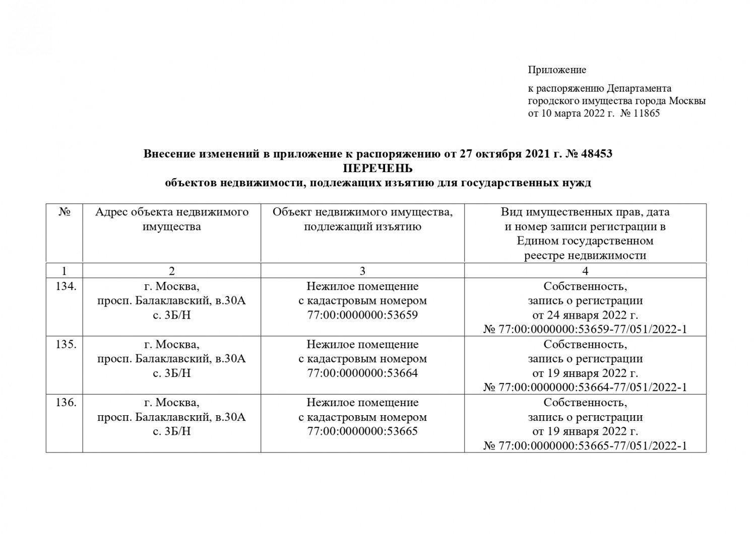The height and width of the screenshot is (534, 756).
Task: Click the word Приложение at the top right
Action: point(557,70)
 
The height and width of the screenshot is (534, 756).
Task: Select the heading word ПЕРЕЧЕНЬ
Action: point(377,168)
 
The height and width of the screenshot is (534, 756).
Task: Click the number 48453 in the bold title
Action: point(596,154)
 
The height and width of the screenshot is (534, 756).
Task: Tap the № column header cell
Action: point(64,212)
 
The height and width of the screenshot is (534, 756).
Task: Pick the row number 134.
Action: point(64,287)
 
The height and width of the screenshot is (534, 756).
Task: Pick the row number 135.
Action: point(64,345)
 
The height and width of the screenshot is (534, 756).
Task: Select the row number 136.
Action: point(64,403)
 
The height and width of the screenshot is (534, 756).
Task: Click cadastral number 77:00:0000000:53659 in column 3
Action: point(362,315)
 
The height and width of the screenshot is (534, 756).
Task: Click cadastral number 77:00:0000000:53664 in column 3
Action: point(362,373)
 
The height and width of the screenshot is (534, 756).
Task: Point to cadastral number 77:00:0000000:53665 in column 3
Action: point(362,431)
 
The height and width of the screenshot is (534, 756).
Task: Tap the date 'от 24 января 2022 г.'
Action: point(585,316)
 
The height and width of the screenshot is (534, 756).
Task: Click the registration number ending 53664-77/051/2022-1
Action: point(585,388)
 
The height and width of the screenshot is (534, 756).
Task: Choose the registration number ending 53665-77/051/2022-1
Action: point(585,446)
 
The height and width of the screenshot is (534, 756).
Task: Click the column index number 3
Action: point(362,271)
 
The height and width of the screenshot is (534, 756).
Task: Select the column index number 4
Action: point(585,271)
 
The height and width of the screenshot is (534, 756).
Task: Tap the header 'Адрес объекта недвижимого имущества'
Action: point(172,219)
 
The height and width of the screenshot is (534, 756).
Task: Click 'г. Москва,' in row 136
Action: point(172,403)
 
